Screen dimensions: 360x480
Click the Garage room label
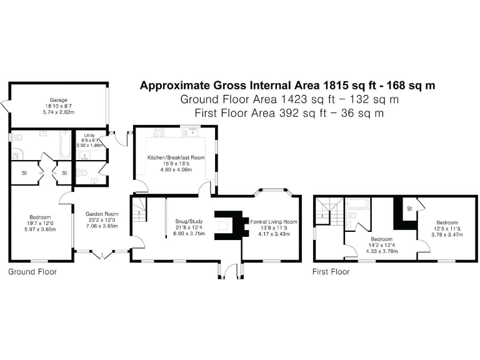59,99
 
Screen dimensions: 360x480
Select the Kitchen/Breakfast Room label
176,157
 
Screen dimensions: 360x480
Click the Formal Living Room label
273,222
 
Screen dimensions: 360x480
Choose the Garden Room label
102,214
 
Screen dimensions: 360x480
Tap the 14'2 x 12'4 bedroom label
381,239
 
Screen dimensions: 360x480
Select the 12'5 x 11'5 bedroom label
447,222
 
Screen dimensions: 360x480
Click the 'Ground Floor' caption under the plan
32,272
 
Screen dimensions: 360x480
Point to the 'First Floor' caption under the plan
331,272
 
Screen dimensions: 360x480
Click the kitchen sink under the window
191,132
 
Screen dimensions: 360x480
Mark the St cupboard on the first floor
410,207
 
